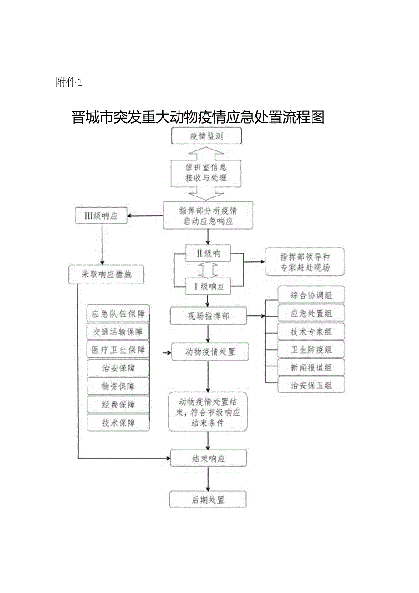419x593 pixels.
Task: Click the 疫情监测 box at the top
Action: (x=206, y=136)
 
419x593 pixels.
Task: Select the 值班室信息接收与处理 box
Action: (x=206, y=173)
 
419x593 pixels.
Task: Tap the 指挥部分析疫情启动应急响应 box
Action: (x=208, y=216)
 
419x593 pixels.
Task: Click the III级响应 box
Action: (x=101, y=216)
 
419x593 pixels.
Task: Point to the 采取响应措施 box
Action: (x=107, y=275)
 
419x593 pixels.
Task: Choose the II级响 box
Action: (x=208, y=253)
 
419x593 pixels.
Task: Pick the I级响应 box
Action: (x=208, y=287)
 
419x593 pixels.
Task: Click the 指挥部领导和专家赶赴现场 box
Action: (x=305, y=262)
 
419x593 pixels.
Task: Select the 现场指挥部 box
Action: (x=208, y=315)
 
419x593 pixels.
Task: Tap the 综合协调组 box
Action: (x=311, y=295)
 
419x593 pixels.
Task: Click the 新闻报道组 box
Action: (x=311, y=367)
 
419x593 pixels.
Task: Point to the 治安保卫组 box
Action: (x=311, y=385)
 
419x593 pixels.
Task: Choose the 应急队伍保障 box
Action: (x=118, y=314)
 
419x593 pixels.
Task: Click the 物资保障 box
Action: (x=118, y=386)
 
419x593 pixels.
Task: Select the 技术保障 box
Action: (x=118, y=423)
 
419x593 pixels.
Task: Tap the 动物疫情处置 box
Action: (x=210, y=352)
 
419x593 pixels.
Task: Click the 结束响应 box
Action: (x=208, y=459)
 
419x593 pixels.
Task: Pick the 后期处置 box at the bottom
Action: (x=208, y=500)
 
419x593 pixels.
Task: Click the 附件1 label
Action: (x=69, y=83)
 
